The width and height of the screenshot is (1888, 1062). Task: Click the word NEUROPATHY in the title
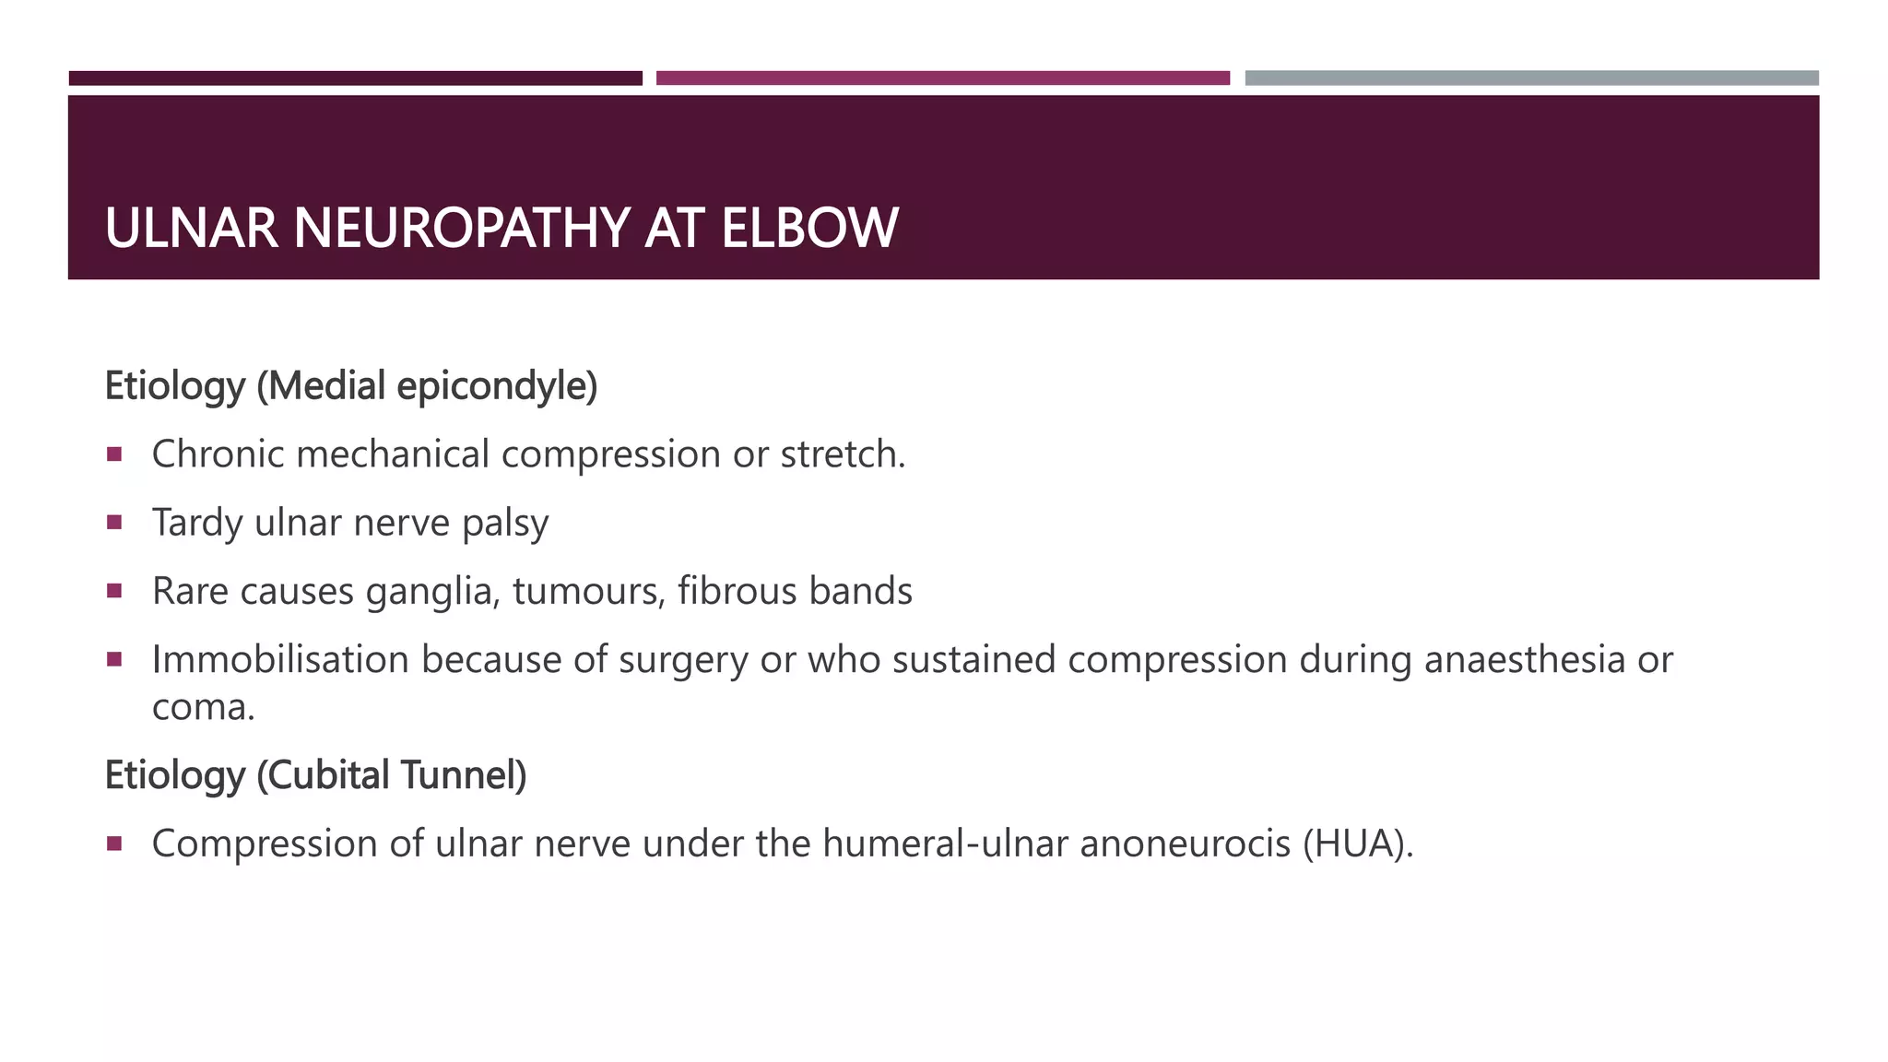(x=461, y=228)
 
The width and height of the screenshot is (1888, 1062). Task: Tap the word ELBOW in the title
(x=808, y=228)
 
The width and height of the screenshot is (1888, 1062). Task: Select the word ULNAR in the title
(x=191, y=228)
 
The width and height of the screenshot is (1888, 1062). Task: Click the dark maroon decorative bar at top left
(x=355, y=78)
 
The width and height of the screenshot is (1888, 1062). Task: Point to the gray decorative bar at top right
(x=1531, y=78)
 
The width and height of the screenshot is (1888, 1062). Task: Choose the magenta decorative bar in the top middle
(x=942, y=78)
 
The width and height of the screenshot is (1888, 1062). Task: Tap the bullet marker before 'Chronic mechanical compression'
(x=114, y=454)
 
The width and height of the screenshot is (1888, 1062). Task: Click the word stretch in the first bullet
(x=842, y=454)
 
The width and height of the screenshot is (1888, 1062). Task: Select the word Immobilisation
(x=280, y=660)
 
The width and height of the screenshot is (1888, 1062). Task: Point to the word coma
(x=202, y=708)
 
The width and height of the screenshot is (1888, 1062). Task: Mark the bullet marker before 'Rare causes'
(x=114, y=591)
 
